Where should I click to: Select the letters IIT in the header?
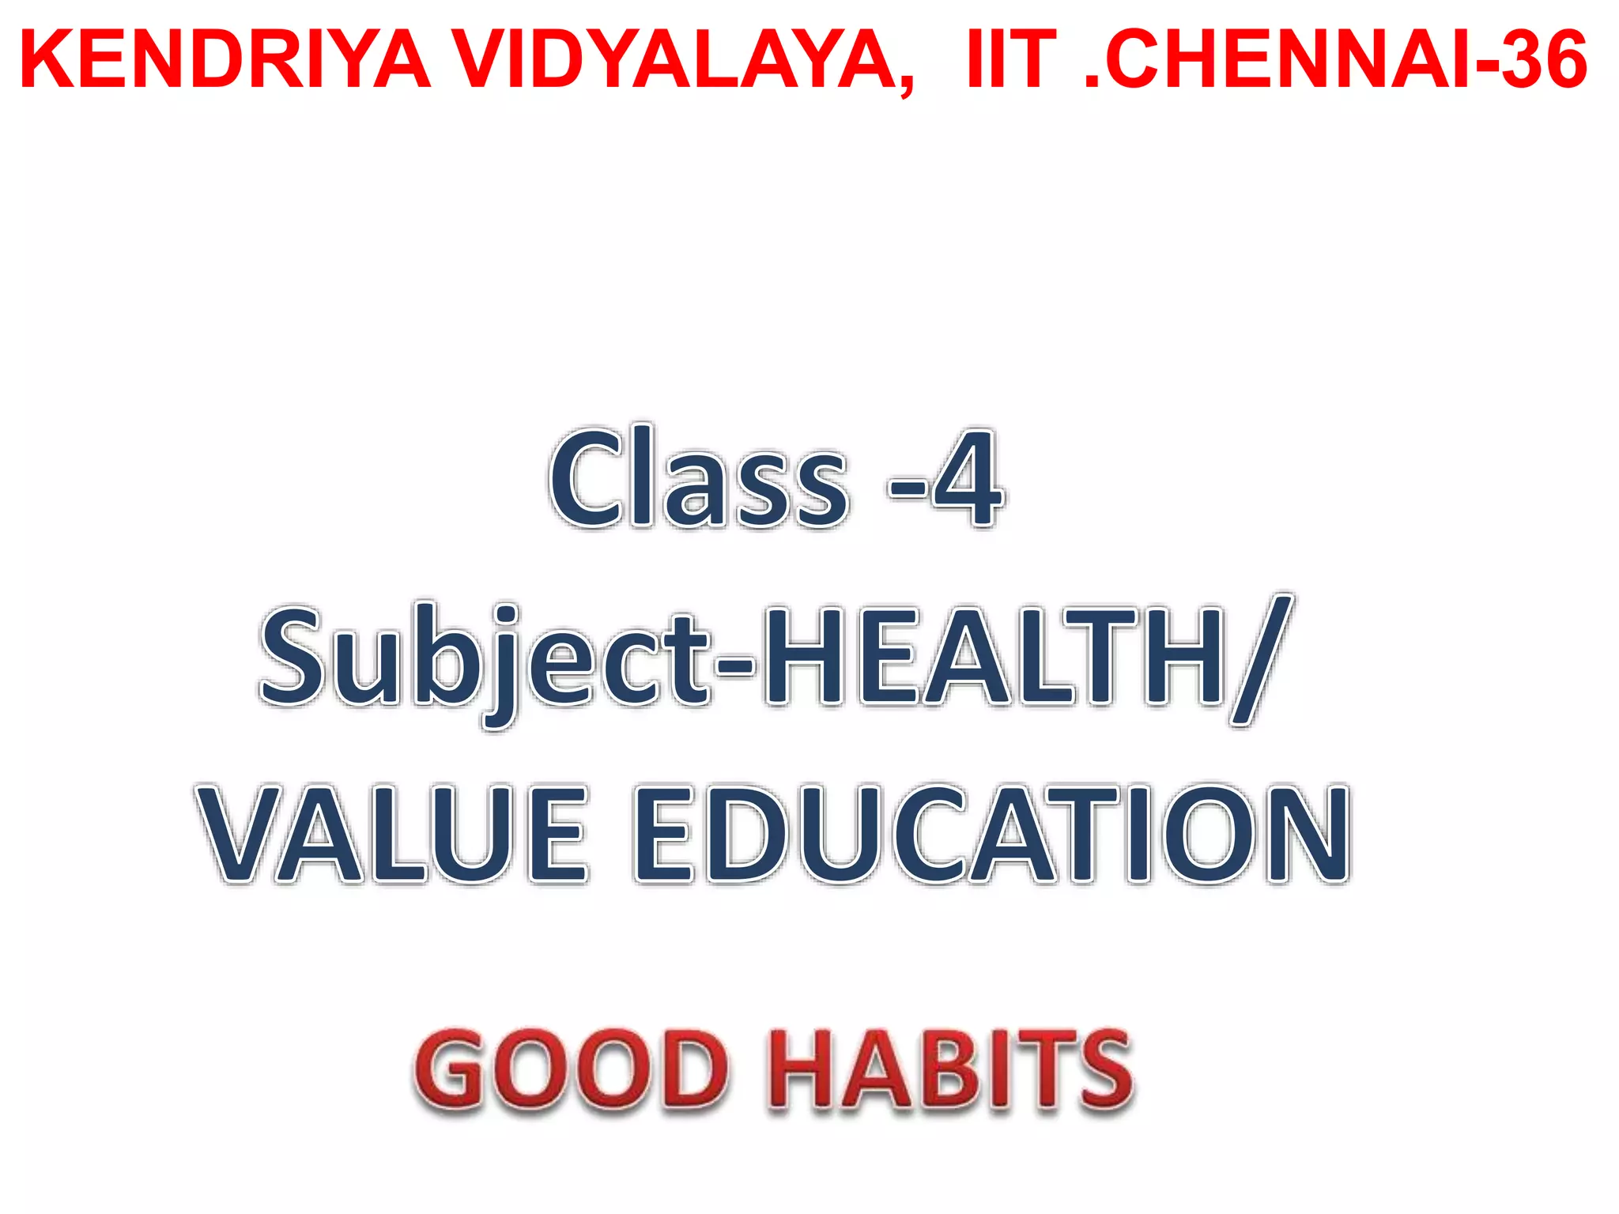click(1011, 60)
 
